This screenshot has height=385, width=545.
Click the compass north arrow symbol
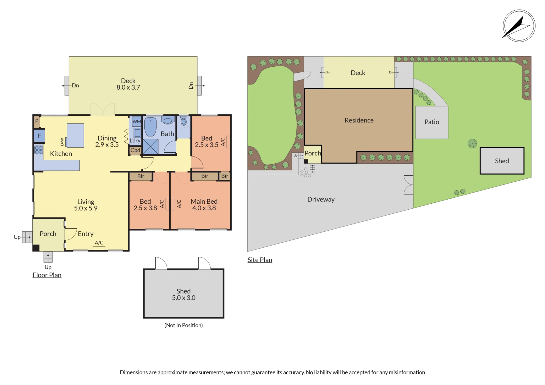coord(519,26)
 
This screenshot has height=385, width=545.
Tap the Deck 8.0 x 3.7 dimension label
coord(128,84)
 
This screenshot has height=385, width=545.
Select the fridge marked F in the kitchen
coord(40,136)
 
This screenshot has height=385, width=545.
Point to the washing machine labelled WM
coord(137,121)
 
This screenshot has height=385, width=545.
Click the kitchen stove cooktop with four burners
coord(39,150)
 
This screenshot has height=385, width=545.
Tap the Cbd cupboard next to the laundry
coord(135,150)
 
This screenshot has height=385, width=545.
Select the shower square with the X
coord(151,146)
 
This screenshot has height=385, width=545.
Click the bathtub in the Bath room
coord(150,127)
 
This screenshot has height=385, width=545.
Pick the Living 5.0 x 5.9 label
coord(86,205)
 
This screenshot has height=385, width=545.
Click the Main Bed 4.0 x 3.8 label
coord(204,205)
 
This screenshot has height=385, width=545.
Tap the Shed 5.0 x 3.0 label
coord(184,295)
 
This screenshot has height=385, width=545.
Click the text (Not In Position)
coord(184,325)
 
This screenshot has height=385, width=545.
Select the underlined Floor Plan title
coord(47,275)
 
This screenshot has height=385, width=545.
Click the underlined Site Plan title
coord(260,260)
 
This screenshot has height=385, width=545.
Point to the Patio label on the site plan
coord(432,122)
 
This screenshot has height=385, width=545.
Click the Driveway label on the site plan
coord(321,200)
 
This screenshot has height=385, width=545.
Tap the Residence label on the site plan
coord(359,120)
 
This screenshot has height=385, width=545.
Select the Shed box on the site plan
coord(502,161)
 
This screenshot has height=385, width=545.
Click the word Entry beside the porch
coord(86,234)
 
